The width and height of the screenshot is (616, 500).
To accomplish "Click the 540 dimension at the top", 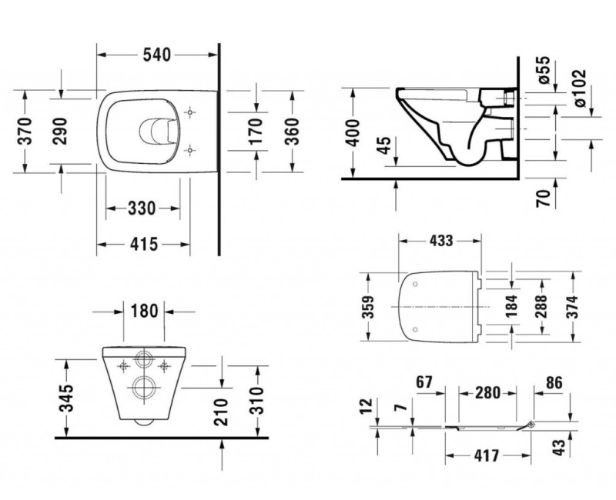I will click(156, 55).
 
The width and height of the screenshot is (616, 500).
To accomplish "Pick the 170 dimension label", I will click(257, 131).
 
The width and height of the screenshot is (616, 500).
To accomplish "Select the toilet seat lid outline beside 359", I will click(437, 307).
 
